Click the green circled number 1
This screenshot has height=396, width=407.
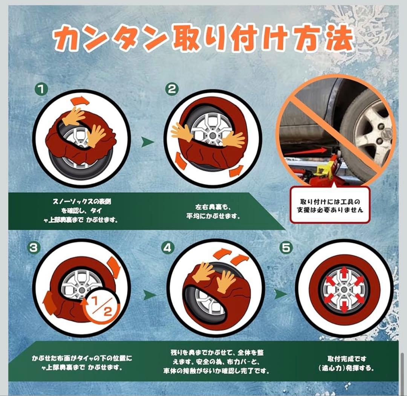[41, 89]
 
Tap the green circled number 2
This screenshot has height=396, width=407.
[172, 89]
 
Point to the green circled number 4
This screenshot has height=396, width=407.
[168, 248]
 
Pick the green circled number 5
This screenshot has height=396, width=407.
[286, 248]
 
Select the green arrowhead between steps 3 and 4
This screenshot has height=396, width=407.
[150, 295]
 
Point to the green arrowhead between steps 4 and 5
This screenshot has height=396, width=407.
[281, 294]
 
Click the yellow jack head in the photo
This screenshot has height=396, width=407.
[324, 169]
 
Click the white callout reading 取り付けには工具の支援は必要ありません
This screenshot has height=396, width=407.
[330, 205]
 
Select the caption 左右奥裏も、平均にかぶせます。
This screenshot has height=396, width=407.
[213, 211]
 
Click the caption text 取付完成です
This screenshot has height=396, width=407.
[347, 359]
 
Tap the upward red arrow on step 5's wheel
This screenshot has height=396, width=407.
[344, 274]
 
